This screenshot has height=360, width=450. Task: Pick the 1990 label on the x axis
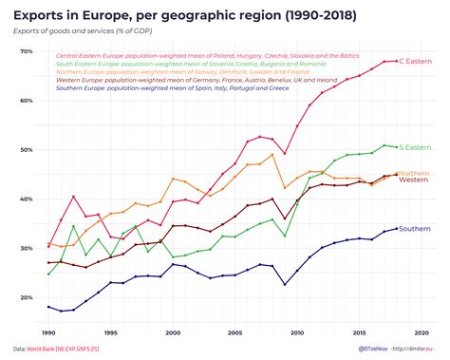tap(48, 332)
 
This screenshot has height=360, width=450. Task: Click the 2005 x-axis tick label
tap(234, 332)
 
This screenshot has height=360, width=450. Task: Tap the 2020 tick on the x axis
tap(422, 332)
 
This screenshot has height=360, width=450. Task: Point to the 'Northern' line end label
tap(415, 173)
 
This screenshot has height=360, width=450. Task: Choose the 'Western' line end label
tap(414, 180)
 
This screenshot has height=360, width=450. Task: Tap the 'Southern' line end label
tap(416, 229)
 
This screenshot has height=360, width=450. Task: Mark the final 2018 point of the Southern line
tap(396, 229)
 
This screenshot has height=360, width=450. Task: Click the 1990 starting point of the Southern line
tap(48, 307)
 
